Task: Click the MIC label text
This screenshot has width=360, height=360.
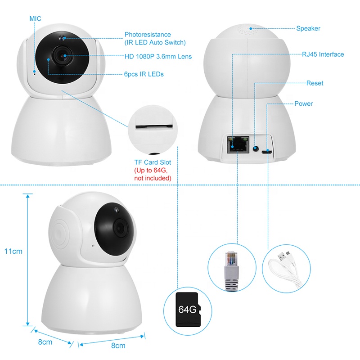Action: (x=36, y=18)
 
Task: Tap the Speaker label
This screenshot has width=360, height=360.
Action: (x=308, y=28)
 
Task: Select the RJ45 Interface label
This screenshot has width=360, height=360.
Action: (x=323, y=54)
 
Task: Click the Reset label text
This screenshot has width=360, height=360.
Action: (x=315, y=83)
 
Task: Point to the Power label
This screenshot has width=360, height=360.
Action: (x=303, y=103)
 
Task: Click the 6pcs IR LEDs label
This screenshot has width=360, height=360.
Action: (x=144, y=74)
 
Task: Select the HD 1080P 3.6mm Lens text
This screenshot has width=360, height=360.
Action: (x=158, y=57)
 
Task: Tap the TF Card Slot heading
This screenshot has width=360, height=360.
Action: (x=153, y=162)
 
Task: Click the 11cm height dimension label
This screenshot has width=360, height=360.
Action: (x=13, y=251)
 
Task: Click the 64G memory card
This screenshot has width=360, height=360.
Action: (x=188, y=310)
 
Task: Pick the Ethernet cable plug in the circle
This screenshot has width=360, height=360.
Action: (x=231, y=271)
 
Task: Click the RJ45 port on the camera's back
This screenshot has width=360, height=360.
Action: (x=238, y=144)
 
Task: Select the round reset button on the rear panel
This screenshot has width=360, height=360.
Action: (x=256, y=149)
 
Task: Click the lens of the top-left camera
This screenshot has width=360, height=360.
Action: (x=63, y=55)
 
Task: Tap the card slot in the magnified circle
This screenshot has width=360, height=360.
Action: (x=154, y=126)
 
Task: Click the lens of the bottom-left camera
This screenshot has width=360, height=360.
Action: (x=120, y=228)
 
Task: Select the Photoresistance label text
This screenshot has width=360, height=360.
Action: (x=148, y=35)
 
